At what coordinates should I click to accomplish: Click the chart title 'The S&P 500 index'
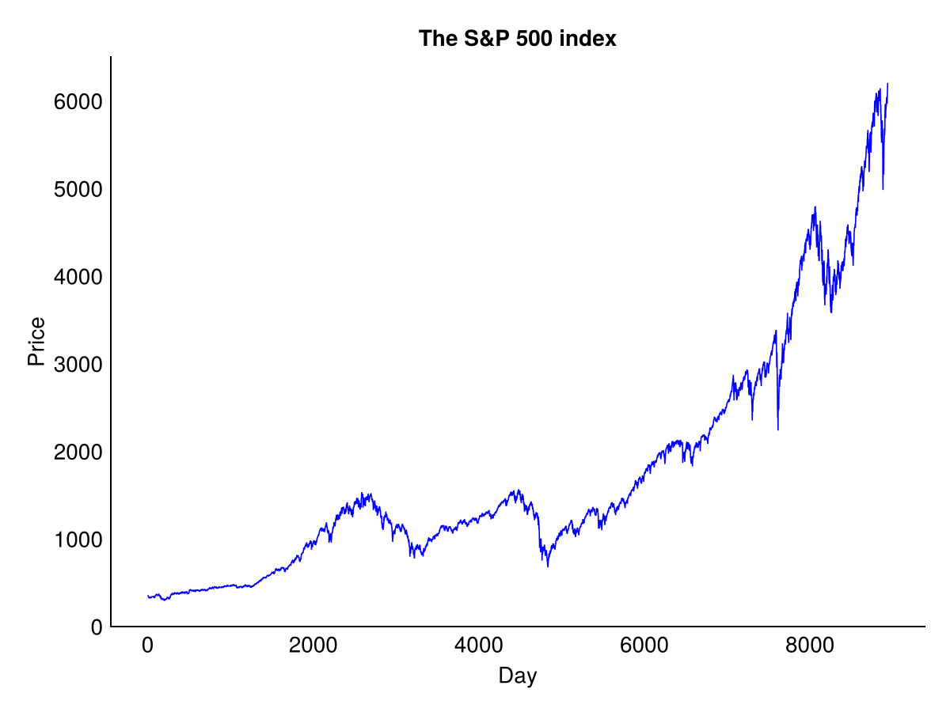517,39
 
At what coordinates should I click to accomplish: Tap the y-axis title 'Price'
36,342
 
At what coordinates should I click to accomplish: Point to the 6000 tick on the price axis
78,102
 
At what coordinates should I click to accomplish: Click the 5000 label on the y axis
78,190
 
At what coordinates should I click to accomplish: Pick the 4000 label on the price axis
78,277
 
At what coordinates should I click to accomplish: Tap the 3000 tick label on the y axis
78,365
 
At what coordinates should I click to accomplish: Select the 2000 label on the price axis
78,453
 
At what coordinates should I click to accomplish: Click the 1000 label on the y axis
78,540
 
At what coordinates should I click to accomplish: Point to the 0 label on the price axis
97,627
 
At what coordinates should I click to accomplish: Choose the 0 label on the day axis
147,646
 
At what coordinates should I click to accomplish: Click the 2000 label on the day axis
313,646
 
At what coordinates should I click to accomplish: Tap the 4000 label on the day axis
478,646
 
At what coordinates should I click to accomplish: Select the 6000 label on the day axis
644,646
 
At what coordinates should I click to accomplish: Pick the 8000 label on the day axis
809,646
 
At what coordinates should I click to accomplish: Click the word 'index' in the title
587,39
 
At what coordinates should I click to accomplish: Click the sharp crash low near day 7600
777,430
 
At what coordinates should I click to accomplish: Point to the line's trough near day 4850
548,566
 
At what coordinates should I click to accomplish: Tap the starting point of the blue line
148,596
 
